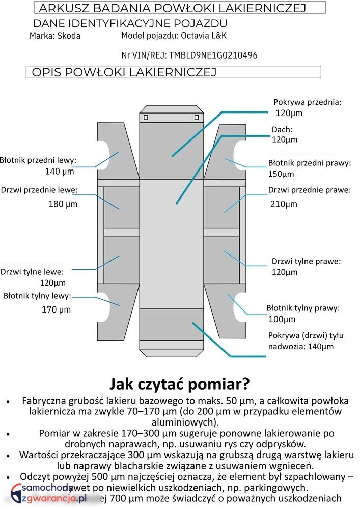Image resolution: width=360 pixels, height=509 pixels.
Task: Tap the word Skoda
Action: [69, 36]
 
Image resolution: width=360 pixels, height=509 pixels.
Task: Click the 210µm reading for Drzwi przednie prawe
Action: [284, 204]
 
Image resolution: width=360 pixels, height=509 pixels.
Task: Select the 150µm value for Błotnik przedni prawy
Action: [281, 174]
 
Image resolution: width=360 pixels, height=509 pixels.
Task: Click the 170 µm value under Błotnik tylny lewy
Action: [56, 309]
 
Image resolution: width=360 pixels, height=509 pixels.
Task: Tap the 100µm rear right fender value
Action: [282, 319]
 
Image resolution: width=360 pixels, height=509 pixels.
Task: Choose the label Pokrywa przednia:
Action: [308, 102]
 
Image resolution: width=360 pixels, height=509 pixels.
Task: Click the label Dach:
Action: [282, 130]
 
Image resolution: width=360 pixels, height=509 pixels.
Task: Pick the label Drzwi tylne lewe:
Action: [36, 271]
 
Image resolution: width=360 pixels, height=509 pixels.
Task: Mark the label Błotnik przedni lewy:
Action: [38, 160]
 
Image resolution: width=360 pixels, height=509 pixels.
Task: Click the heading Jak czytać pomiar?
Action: [180, 382]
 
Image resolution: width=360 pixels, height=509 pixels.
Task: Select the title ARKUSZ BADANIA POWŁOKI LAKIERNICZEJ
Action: [172, 8]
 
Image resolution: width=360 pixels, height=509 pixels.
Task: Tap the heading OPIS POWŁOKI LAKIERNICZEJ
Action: [124, 72]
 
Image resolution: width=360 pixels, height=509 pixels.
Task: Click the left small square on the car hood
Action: [146, 118]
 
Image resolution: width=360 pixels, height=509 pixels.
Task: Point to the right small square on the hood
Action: [197, 118]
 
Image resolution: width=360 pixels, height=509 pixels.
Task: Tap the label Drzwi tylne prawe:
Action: [306, 261]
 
